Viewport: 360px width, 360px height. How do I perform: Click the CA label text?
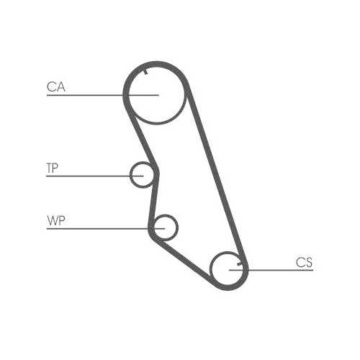(56, 87)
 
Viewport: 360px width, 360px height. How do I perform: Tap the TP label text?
(52, 168)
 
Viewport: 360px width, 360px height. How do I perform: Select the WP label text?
(56, 220)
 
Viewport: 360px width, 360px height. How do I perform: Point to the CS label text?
(304, 262)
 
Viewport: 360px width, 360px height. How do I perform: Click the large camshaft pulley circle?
(157, 123)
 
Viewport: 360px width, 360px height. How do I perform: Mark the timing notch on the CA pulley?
(145, 72)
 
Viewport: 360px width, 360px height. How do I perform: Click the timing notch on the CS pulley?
(240, 264)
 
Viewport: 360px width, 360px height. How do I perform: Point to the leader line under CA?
(103, 95)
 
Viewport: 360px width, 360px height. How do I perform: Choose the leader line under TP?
(95, 176)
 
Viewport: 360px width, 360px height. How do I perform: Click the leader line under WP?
(106, 229)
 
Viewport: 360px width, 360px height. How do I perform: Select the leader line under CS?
(271, 270)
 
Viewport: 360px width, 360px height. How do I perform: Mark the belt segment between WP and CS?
(185, 261)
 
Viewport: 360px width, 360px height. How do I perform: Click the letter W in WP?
(53, 220)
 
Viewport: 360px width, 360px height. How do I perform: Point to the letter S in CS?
(309, 262)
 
